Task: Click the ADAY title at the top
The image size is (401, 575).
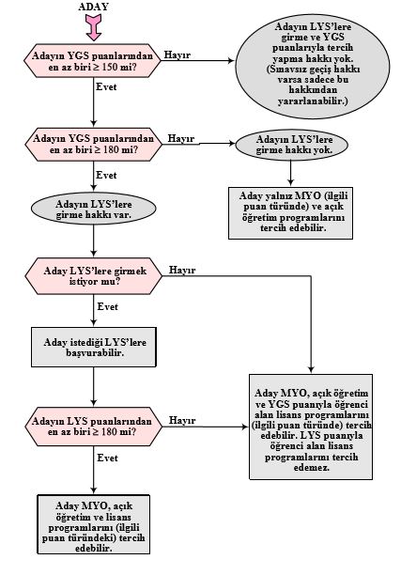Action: [x=94, y=7]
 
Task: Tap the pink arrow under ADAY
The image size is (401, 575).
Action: [x=94, y=27]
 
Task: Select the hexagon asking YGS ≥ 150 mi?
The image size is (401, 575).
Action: [x=92, y=61]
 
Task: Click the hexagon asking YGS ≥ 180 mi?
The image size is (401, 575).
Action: [x=94, y=144]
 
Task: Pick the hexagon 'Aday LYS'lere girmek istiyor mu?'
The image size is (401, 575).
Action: [x=94, y=276]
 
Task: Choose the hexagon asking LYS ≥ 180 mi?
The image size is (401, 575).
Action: [x=94, y=427]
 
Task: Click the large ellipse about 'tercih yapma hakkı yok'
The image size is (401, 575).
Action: [x=313, y=64]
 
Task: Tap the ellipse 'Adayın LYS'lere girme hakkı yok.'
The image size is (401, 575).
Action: [x=291, y=145]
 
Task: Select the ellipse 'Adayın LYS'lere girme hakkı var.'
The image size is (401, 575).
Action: [x=94, y=209]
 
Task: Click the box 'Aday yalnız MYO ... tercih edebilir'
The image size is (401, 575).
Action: [x=291, y=213]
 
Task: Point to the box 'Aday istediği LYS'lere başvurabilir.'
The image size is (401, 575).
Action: [x=94, y=347]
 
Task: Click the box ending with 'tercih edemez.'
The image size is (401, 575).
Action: [x=311, y=427]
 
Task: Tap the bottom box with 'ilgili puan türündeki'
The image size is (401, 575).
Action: [x=94, y=524]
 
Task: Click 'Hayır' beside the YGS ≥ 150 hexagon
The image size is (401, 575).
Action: [x=177, y=55]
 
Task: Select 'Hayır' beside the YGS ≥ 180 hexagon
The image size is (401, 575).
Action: [x=181, y=139]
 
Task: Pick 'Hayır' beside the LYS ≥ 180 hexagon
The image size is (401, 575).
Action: [x=182, y=420]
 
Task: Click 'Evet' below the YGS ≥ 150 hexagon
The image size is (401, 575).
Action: [x=106, y=87]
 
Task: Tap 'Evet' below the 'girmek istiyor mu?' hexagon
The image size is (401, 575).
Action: [x=108, y=306]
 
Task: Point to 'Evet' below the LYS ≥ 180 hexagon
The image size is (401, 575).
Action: [x=108, y=458]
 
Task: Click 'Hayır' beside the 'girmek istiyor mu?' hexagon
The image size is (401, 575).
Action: [x=182, y=271]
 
